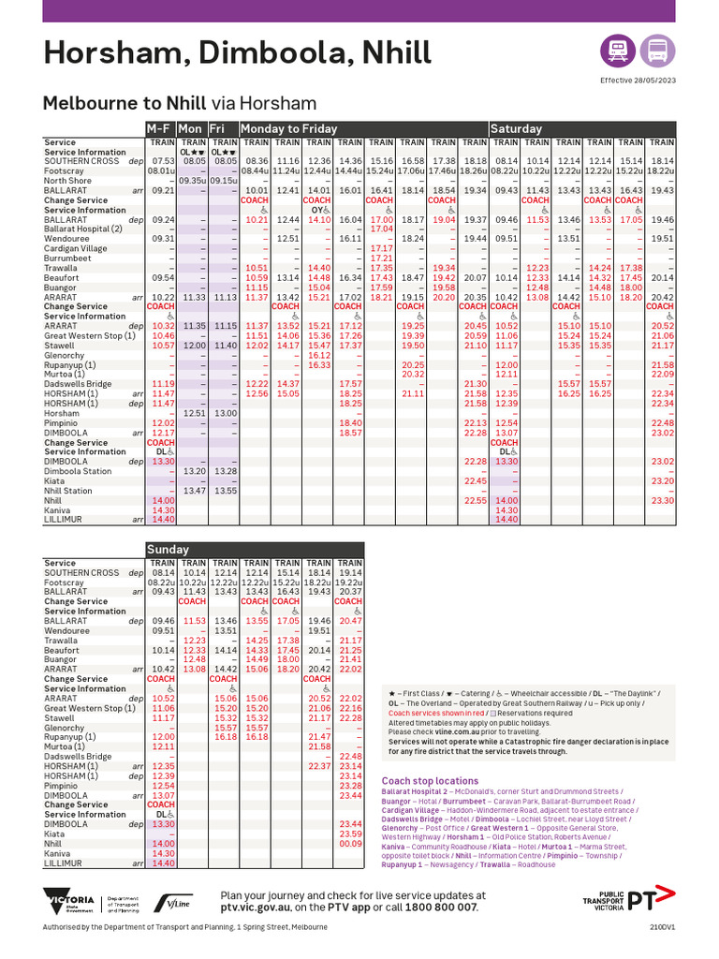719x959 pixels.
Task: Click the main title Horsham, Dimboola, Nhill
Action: [238, 52]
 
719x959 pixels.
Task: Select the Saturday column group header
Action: [517, 128]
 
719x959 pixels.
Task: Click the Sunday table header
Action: [169, 549]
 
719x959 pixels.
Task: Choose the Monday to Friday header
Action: [288, 128]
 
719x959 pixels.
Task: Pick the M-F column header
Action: [159, 128]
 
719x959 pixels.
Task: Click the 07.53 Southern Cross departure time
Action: [162, 161]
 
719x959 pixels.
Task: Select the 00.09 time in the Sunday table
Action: [350, 844]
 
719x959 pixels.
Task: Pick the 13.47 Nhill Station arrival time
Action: [194, 491]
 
